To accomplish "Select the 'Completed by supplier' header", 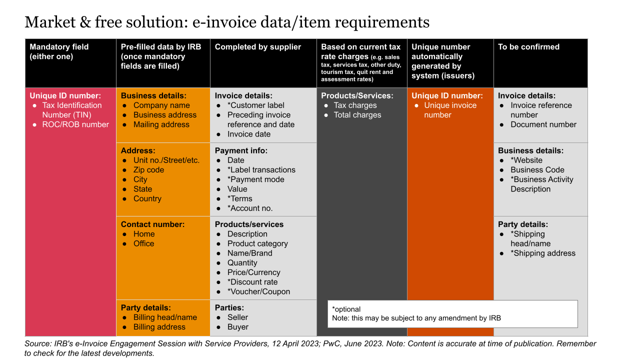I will pyautogui.click(x=257, y=47).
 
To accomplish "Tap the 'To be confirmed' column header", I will pyautogui.click(x=528, y=47).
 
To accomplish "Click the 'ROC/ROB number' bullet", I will pyautogui.click(x=75, y=124).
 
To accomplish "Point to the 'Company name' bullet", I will pyautogui.click(x=161, y=105).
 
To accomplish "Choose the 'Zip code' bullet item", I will pyautogui.click(x=148, y=170).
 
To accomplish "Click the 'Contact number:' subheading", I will pyautogui.click(x=152, y=224).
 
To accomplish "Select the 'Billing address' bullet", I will pyautogui.click(x=159, y=327).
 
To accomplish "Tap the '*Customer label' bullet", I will pyautogui.click(x=255, y=105).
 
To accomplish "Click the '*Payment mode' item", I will pyautogui.click(x=255, y=179).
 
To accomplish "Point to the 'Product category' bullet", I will pyautogui.click(x=257, y=243).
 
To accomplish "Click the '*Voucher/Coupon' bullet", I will pyautogui.click(x=258, y=291).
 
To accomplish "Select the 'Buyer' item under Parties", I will pyautogui.click(x=237, y=327).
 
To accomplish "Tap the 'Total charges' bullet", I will pyautogui.click(x=357, y=115).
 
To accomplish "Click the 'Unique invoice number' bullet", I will pyautogui.click(x=450, y=110).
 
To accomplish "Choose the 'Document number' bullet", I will pyautogui.click(x=543, y=124).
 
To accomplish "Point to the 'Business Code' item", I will pyautogui.click(x=537, y=170).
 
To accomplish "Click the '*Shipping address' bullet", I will pyautogui.click(x=542, y=253).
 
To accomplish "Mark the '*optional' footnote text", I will pyautogui.click(x=346, y=309).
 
